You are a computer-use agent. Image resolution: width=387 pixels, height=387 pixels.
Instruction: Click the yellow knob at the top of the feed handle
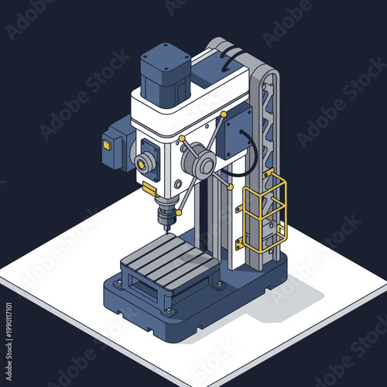(x=224, y=115)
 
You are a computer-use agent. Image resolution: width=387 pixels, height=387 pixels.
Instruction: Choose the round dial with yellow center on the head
(x=144, y=163)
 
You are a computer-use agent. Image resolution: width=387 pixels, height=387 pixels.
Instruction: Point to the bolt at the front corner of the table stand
(x=167, y=311)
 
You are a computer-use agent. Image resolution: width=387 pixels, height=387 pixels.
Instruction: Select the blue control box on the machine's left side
(x=115, y=143)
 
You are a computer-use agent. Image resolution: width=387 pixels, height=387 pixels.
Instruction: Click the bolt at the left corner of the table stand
(x=118, y=284)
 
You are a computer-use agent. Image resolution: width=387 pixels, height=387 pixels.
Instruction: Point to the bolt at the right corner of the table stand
(x=219, y=284)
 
